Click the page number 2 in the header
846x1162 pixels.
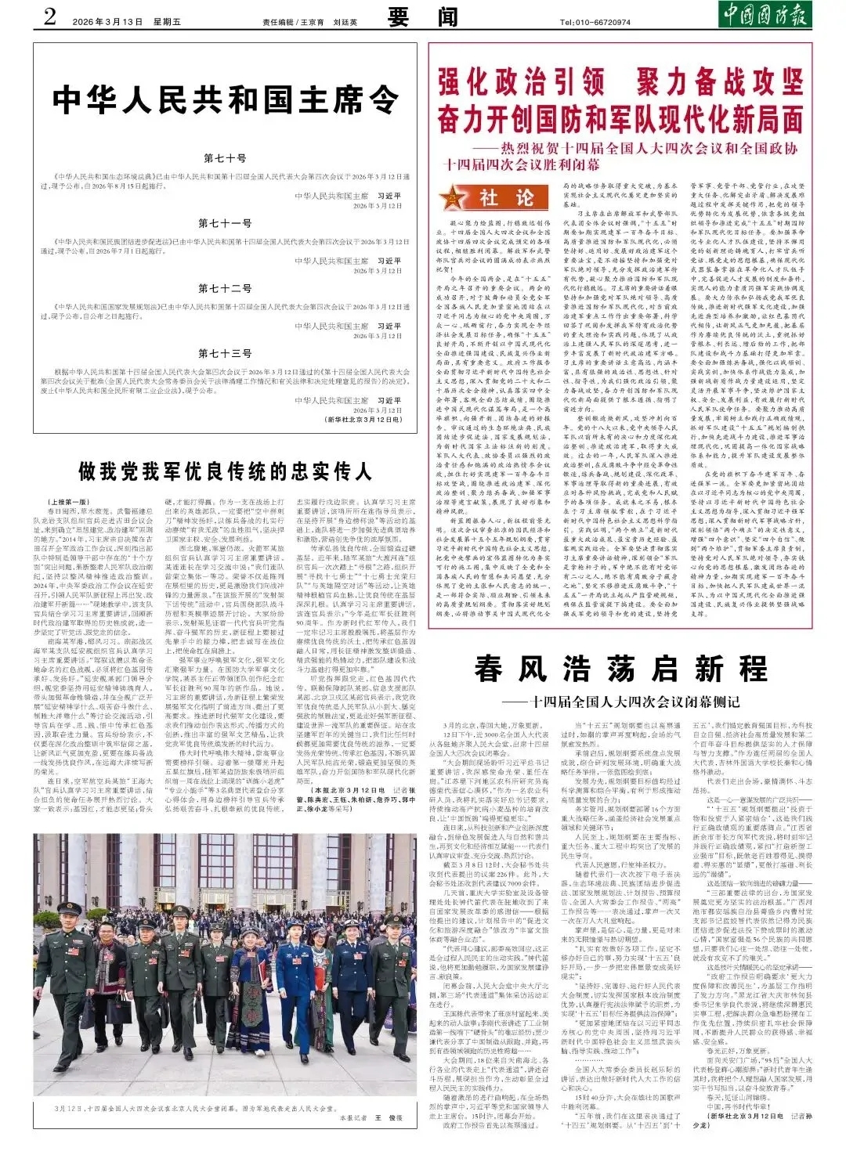coord(49,16)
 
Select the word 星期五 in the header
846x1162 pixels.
coord(165,22)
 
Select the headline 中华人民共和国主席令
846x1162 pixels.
coord(226,99)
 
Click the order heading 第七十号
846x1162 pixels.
coord(225,159)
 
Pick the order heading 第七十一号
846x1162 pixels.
coord(225,223)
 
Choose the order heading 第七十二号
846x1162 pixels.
coord(225,288)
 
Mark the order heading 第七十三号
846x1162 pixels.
coord(225,353)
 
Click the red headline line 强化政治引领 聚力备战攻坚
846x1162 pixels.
coord(620,82)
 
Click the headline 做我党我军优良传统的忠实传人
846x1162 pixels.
coord(226,471)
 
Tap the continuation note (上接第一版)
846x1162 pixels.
coord(69,501)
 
